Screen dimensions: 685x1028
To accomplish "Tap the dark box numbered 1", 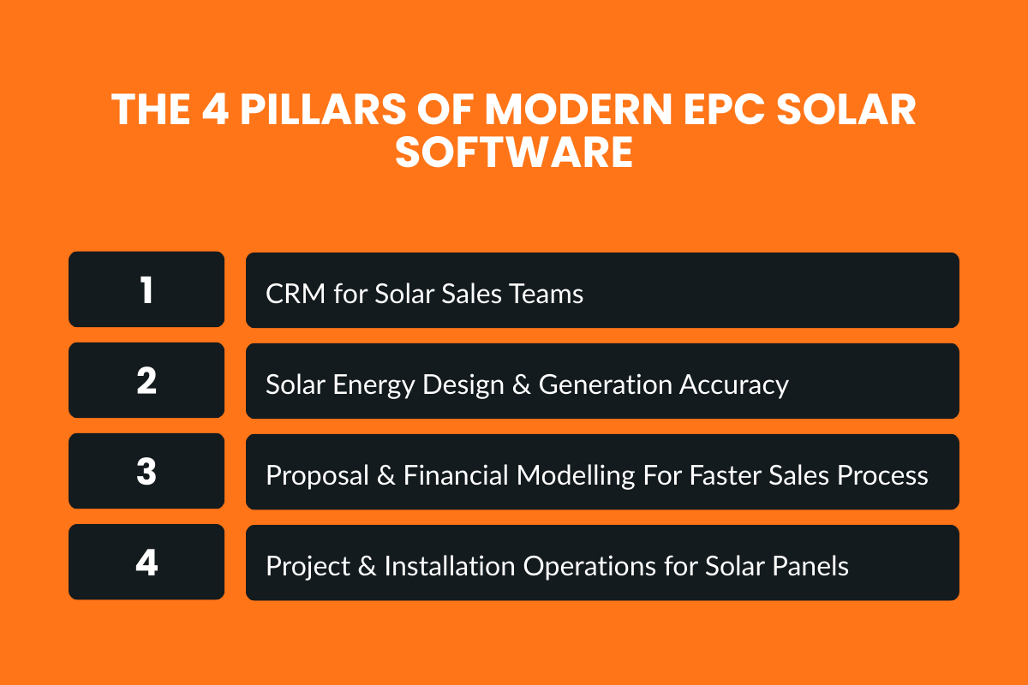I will click(146, 289).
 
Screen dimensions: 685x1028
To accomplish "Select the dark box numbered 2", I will click(146, 380).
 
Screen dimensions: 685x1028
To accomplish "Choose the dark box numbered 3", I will click(146, 471).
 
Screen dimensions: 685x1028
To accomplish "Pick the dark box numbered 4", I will click(146, 562).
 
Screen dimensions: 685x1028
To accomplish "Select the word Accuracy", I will click(733, 385).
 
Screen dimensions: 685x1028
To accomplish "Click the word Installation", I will click(441, 567).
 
